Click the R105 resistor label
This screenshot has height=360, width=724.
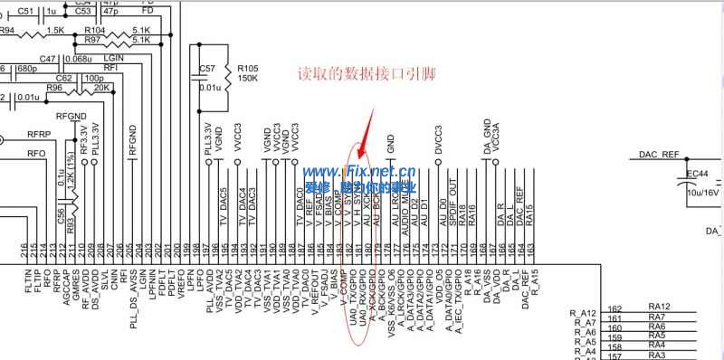[x=247, y=67]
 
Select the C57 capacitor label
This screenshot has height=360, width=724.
[x=207, y=69]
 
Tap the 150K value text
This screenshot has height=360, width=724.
[x=247, y=78]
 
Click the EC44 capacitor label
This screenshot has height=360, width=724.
[x=697, y=174]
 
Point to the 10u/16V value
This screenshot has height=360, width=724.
[x=701, y=193]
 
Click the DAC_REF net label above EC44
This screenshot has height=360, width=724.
[x=658, y=155]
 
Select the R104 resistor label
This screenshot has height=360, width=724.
[x=93, y=30]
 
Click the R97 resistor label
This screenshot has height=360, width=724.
[x=92, y=40]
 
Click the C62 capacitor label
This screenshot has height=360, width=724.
[x=64, y=78]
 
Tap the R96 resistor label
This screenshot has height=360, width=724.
[x=55, y=89]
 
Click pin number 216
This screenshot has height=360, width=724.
[x=24, y=249]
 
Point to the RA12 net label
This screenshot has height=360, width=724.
[x=658, y=308]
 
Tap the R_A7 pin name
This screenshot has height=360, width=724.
[x=583, y=323]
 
